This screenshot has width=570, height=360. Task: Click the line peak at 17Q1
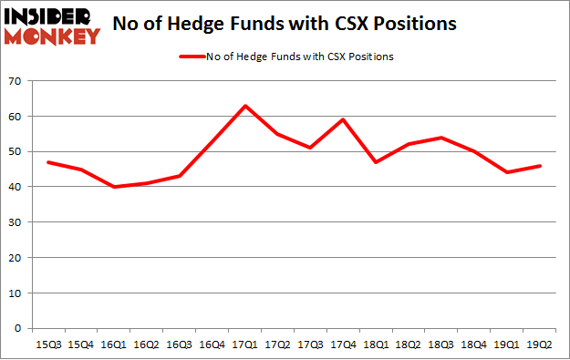pyautogui.click(x=245, y=106)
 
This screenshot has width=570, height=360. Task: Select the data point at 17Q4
pyautogui.click(x=343, y=119)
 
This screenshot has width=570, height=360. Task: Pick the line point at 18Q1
pyautogui.click(x=375, y=162)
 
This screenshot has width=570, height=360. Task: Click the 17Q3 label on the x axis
pyautogui.click(x=310, y=345)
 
